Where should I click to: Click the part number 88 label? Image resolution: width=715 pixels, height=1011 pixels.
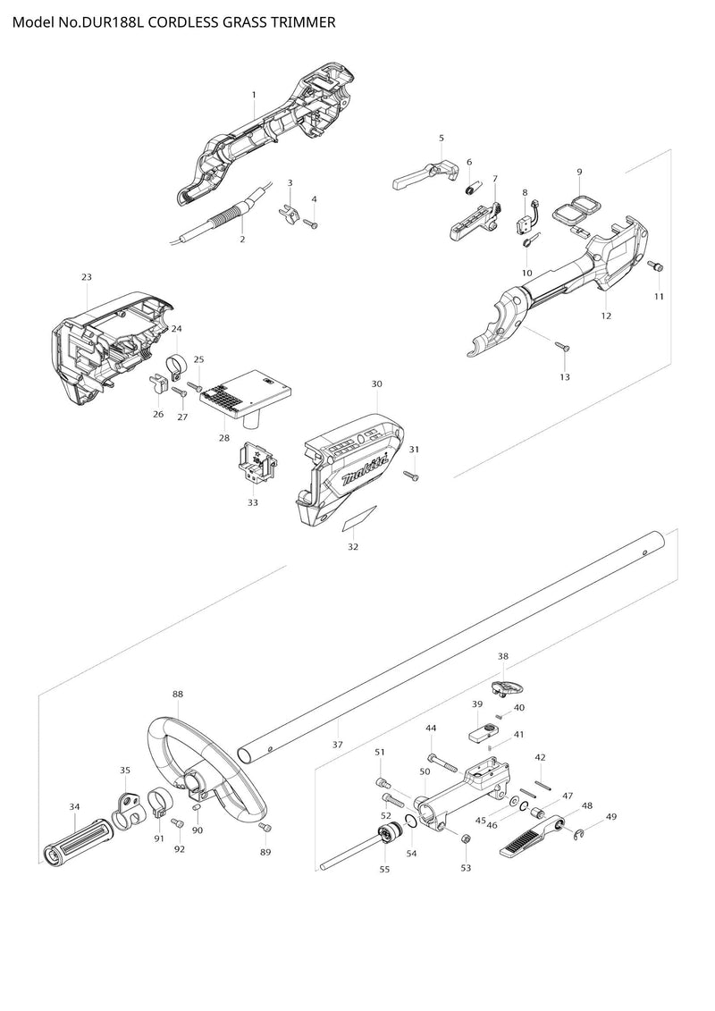coord(178,694)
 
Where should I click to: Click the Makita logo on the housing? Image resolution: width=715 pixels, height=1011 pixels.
coord(366,468)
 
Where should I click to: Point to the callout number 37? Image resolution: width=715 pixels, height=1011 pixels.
coord(337,744)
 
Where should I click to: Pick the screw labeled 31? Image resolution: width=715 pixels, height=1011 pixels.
coord(412,476)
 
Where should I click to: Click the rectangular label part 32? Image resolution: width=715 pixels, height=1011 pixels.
coord(360,519)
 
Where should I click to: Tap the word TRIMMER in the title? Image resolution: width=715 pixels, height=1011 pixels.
coord(298,22)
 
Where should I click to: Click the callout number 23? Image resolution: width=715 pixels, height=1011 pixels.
coord(87,277)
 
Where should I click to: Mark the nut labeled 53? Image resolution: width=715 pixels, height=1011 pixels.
coord(466,838)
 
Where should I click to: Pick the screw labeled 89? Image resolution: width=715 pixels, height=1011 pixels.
coord(264,828)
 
